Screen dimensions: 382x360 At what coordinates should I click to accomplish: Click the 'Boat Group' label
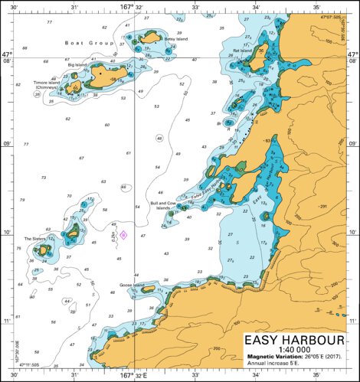click(85, 44)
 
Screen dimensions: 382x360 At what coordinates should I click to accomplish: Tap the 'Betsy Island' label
click(175, 39)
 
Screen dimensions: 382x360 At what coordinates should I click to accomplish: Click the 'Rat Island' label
click(243, 51)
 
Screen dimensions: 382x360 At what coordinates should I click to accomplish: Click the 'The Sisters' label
click(34, 239)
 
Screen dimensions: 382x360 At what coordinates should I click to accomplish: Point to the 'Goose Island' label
click(132, 285)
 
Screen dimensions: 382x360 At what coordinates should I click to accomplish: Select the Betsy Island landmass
click(151, 37)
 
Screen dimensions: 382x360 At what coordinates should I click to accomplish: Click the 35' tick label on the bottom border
click(316, 376)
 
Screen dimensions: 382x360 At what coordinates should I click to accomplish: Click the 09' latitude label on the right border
click(353, 144)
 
